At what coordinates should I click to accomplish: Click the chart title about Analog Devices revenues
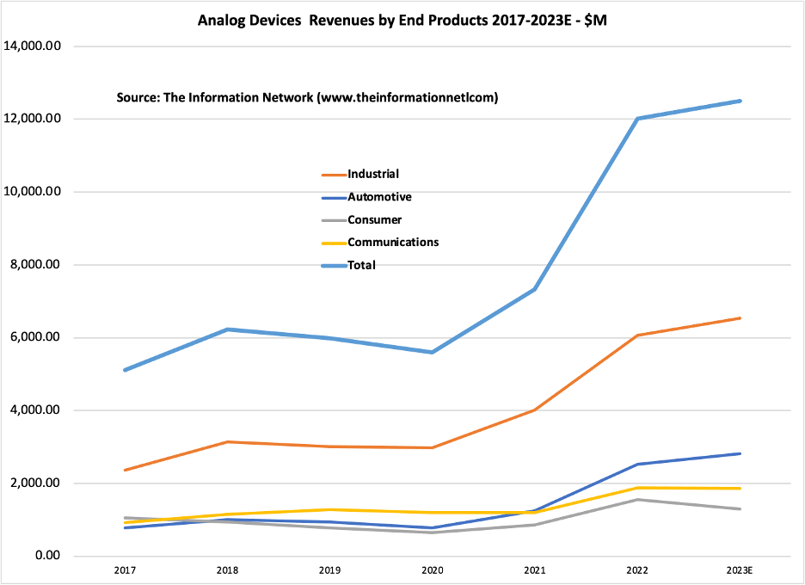click(402, 21)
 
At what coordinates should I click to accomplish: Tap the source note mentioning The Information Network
click(307, 98)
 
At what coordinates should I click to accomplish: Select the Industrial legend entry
click(373, 174)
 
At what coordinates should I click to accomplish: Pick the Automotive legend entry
click(379, 197)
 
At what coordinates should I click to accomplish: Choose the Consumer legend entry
click(374, 219)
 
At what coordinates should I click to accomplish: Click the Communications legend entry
click(393, 242)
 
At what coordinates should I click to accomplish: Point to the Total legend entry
click(362, 265)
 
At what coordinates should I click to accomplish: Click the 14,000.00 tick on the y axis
click(33, 46)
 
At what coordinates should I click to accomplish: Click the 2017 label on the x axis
click(126, 570)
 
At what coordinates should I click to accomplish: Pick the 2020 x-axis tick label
click(433, 570)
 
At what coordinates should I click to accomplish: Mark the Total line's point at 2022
click(637, 119)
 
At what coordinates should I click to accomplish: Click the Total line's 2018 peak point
click(228, 329)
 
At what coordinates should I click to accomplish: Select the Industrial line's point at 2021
click(535, 409)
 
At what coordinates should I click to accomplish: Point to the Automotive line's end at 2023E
click(740, 453)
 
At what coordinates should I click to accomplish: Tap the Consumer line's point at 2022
click(637, 500)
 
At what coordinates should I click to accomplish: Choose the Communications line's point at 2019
click(330, 509)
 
